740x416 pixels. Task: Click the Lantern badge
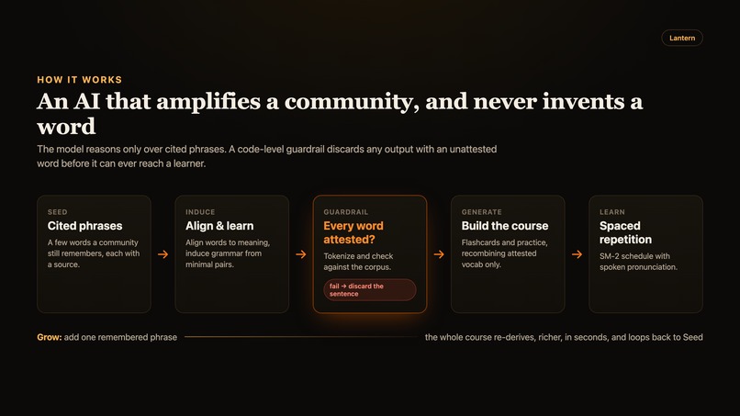(x=682, y=38)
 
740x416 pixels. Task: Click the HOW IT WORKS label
(x=79, y=80)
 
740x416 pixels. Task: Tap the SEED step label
(x=57, y=212)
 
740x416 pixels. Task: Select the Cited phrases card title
(x=85, y=226)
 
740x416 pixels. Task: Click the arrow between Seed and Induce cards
(x=163, y=254)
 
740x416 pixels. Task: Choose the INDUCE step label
(x=200, y=212)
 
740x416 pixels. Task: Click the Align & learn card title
(x=219, y=226)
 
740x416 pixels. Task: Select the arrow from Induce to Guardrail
(x=300, y=254)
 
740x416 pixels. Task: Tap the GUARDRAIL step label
(x=346, y=212)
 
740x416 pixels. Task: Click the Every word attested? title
(x=353, y=232)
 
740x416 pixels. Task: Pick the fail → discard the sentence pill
(x=370, y=290)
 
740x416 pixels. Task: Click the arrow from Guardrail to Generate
(x=439, y=254)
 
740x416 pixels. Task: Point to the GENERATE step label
(x=481, y=212)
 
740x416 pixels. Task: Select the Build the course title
(x=505, y=226)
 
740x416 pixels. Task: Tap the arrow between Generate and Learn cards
(x=577, y=254)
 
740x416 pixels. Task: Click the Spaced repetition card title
(x=625, y=232)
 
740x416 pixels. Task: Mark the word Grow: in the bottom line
(x=49, y=337)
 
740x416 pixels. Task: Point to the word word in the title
(x=66, y=127)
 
